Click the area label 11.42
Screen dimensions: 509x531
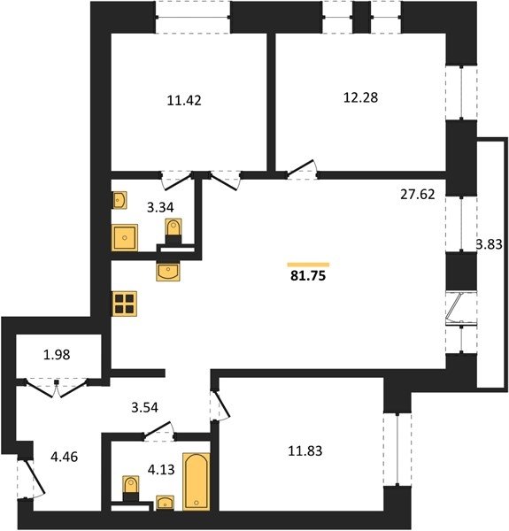pos(184,100)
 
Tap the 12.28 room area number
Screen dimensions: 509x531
pos(360,97)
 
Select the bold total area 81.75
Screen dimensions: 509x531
pos(308,275)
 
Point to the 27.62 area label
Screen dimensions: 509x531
pos(418,195)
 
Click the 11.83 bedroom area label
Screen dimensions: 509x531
pos(305,451)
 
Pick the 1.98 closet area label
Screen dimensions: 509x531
pos(57,355)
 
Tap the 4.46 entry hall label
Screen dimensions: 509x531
pos(64,457)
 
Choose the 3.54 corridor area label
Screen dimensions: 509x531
pos(144,407)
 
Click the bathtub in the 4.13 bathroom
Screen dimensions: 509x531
pos(197,481)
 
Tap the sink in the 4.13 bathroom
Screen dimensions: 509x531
pos(165,503)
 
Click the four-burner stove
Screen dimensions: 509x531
pos(124,304)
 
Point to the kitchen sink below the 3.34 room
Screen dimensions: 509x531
pos(168,272)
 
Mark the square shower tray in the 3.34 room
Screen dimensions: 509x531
pos(125,238)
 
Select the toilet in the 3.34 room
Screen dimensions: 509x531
pos(174,231)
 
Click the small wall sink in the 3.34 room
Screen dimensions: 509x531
pos(120,200)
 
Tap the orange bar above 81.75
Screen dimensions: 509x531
pos(308,265)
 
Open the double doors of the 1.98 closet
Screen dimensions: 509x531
pos(57,388)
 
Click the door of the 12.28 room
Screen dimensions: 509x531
pos(302,169)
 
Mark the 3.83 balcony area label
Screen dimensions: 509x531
pos(490,244)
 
